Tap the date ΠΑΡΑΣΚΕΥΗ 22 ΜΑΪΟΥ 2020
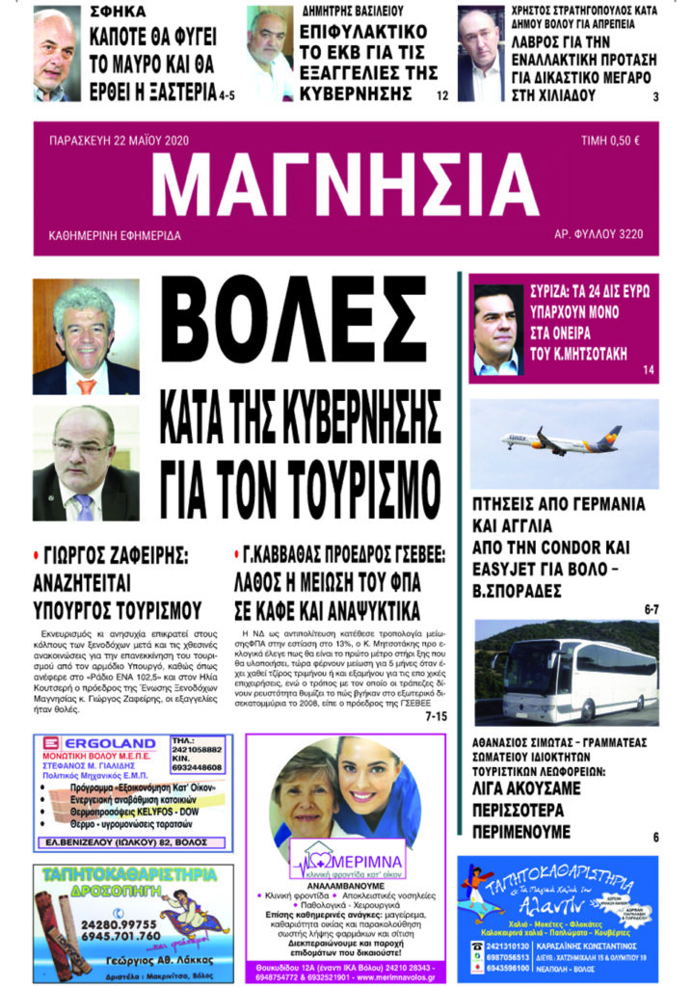click(x=119, y=141)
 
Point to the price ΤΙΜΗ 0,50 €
click(x=610, y=141)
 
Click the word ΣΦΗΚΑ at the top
click(x=120, y=13)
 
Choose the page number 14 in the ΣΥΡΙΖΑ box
click(x=648, y=370)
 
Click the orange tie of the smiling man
click(x=87, y=385)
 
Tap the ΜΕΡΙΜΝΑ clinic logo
click(x=348, y=857)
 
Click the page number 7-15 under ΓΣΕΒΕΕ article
click(x=436, y=716)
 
